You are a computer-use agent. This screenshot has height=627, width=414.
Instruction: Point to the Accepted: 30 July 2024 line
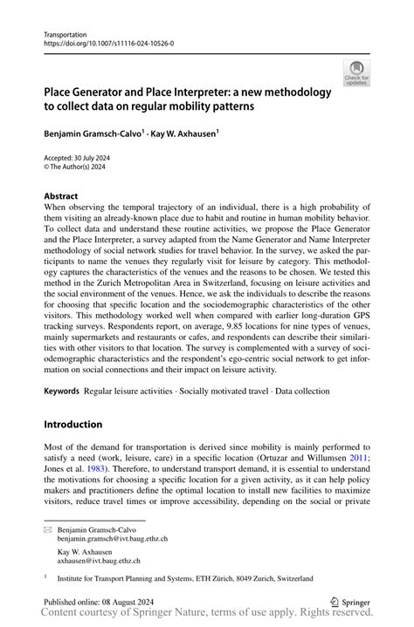coord(75,159)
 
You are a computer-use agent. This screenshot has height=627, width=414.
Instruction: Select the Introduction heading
coord(73,424)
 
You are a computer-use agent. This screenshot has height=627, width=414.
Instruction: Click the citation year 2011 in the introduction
coord(356,459)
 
